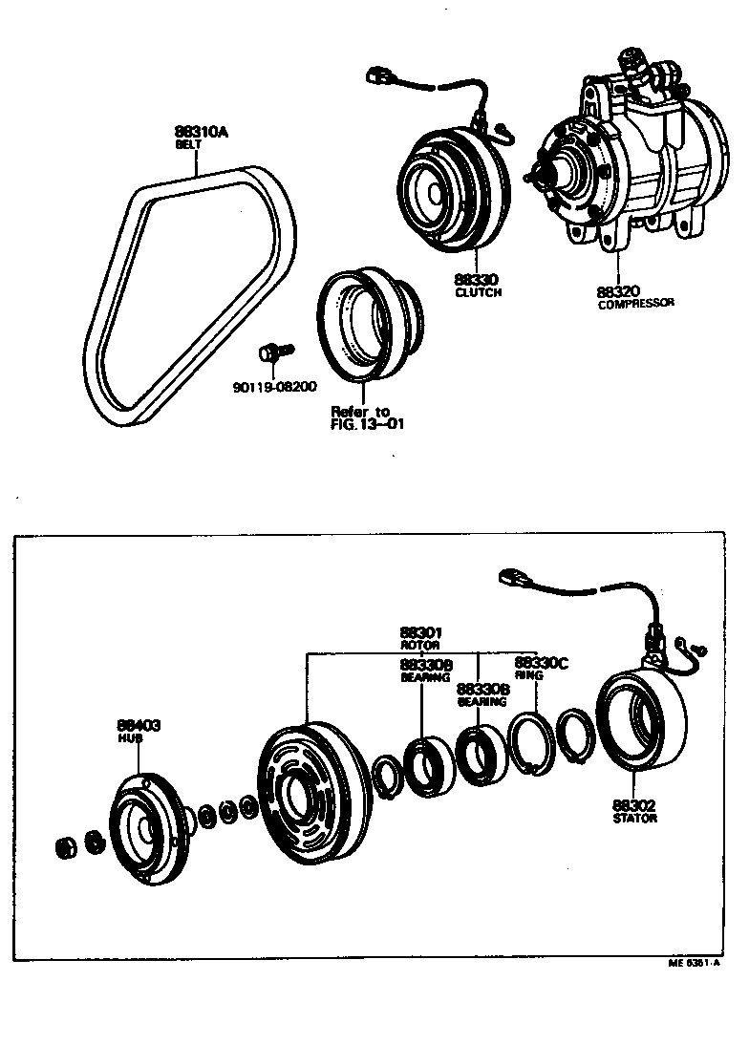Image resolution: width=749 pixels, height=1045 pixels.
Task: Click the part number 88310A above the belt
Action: (x=201, y=133)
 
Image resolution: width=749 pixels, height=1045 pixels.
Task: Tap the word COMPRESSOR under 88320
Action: (x=635, y=304)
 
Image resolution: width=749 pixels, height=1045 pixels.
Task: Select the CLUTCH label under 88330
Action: (x=478, y=292)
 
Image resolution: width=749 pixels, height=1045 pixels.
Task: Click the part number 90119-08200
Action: (x=274, y=387)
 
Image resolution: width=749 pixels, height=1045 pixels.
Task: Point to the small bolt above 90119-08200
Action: (x=272, y=354)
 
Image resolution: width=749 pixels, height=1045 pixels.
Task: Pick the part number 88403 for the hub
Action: (x=139, y=726)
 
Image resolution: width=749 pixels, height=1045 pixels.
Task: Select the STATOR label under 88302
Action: (x=635, y=819)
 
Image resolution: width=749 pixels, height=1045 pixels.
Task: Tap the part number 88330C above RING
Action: (x=541, y=662)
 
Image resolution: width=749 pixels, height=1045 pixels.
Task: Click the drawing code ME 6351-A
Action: (x=692, y=964)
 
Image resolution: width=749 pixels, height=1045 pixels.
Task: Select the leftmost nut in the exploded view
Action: (x=66, y=845)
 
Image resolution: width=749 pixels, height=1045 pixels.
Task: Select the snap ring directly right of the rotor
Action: (x=386, y=775)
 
